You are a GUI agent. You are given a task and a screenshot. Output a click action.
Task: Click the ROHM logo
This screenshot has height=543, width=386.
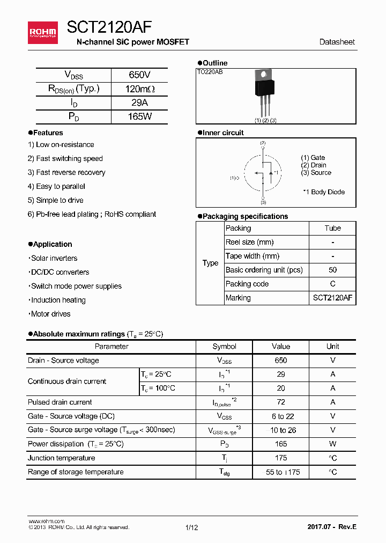(x=43, y=33)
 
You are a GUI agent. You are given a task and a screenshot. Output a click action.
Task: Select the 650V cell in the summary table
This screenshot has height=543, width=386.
(x=139, y=75)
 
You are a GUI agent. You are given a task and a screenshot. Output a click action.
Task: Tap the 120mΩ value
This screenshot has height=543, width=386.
(x=139, y=89)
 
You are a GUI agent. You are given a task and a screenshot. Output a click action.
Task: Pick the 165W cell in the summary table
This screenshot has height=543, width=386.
(x=139, y=116)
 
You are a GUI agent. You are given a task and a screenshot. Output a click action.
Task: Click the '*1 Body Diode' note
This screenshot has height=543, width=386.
(x=323, y=192)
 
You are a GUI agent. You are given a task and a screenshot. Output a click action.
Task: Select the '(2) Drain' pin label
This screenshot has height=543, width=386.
(x=314, y=165)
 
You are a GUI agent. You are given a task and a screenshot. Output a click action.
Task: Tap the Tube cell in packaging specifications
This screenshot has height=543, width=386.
(x=332, y=228)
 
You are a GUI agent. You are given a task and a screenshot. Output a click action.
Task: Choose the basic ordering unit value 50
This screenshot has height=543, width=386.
(x=332, y=270)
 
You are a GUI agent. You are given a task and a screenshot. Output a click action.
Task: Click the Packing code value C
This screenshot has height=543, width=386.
(x=332, y=284)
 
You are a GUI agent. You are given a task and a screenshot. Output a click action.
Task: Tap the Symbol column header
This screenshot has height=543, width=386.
(x=224, y=347)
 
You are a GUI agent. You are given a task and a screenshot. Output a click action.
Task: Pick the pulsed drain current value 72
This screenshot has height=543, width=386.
(x=280, y=402)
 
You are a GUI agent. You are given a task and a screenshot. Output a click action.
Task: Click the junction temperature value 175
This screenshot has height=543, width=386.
(x=280, y=458)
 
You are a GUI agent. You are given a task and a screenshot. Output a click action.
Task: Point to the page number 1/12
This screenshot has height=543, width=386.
(x=191, y=527)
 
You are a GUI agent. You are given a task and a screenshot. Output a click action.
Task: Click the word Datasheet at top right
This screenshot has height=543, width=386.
(x=337, y=42)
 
